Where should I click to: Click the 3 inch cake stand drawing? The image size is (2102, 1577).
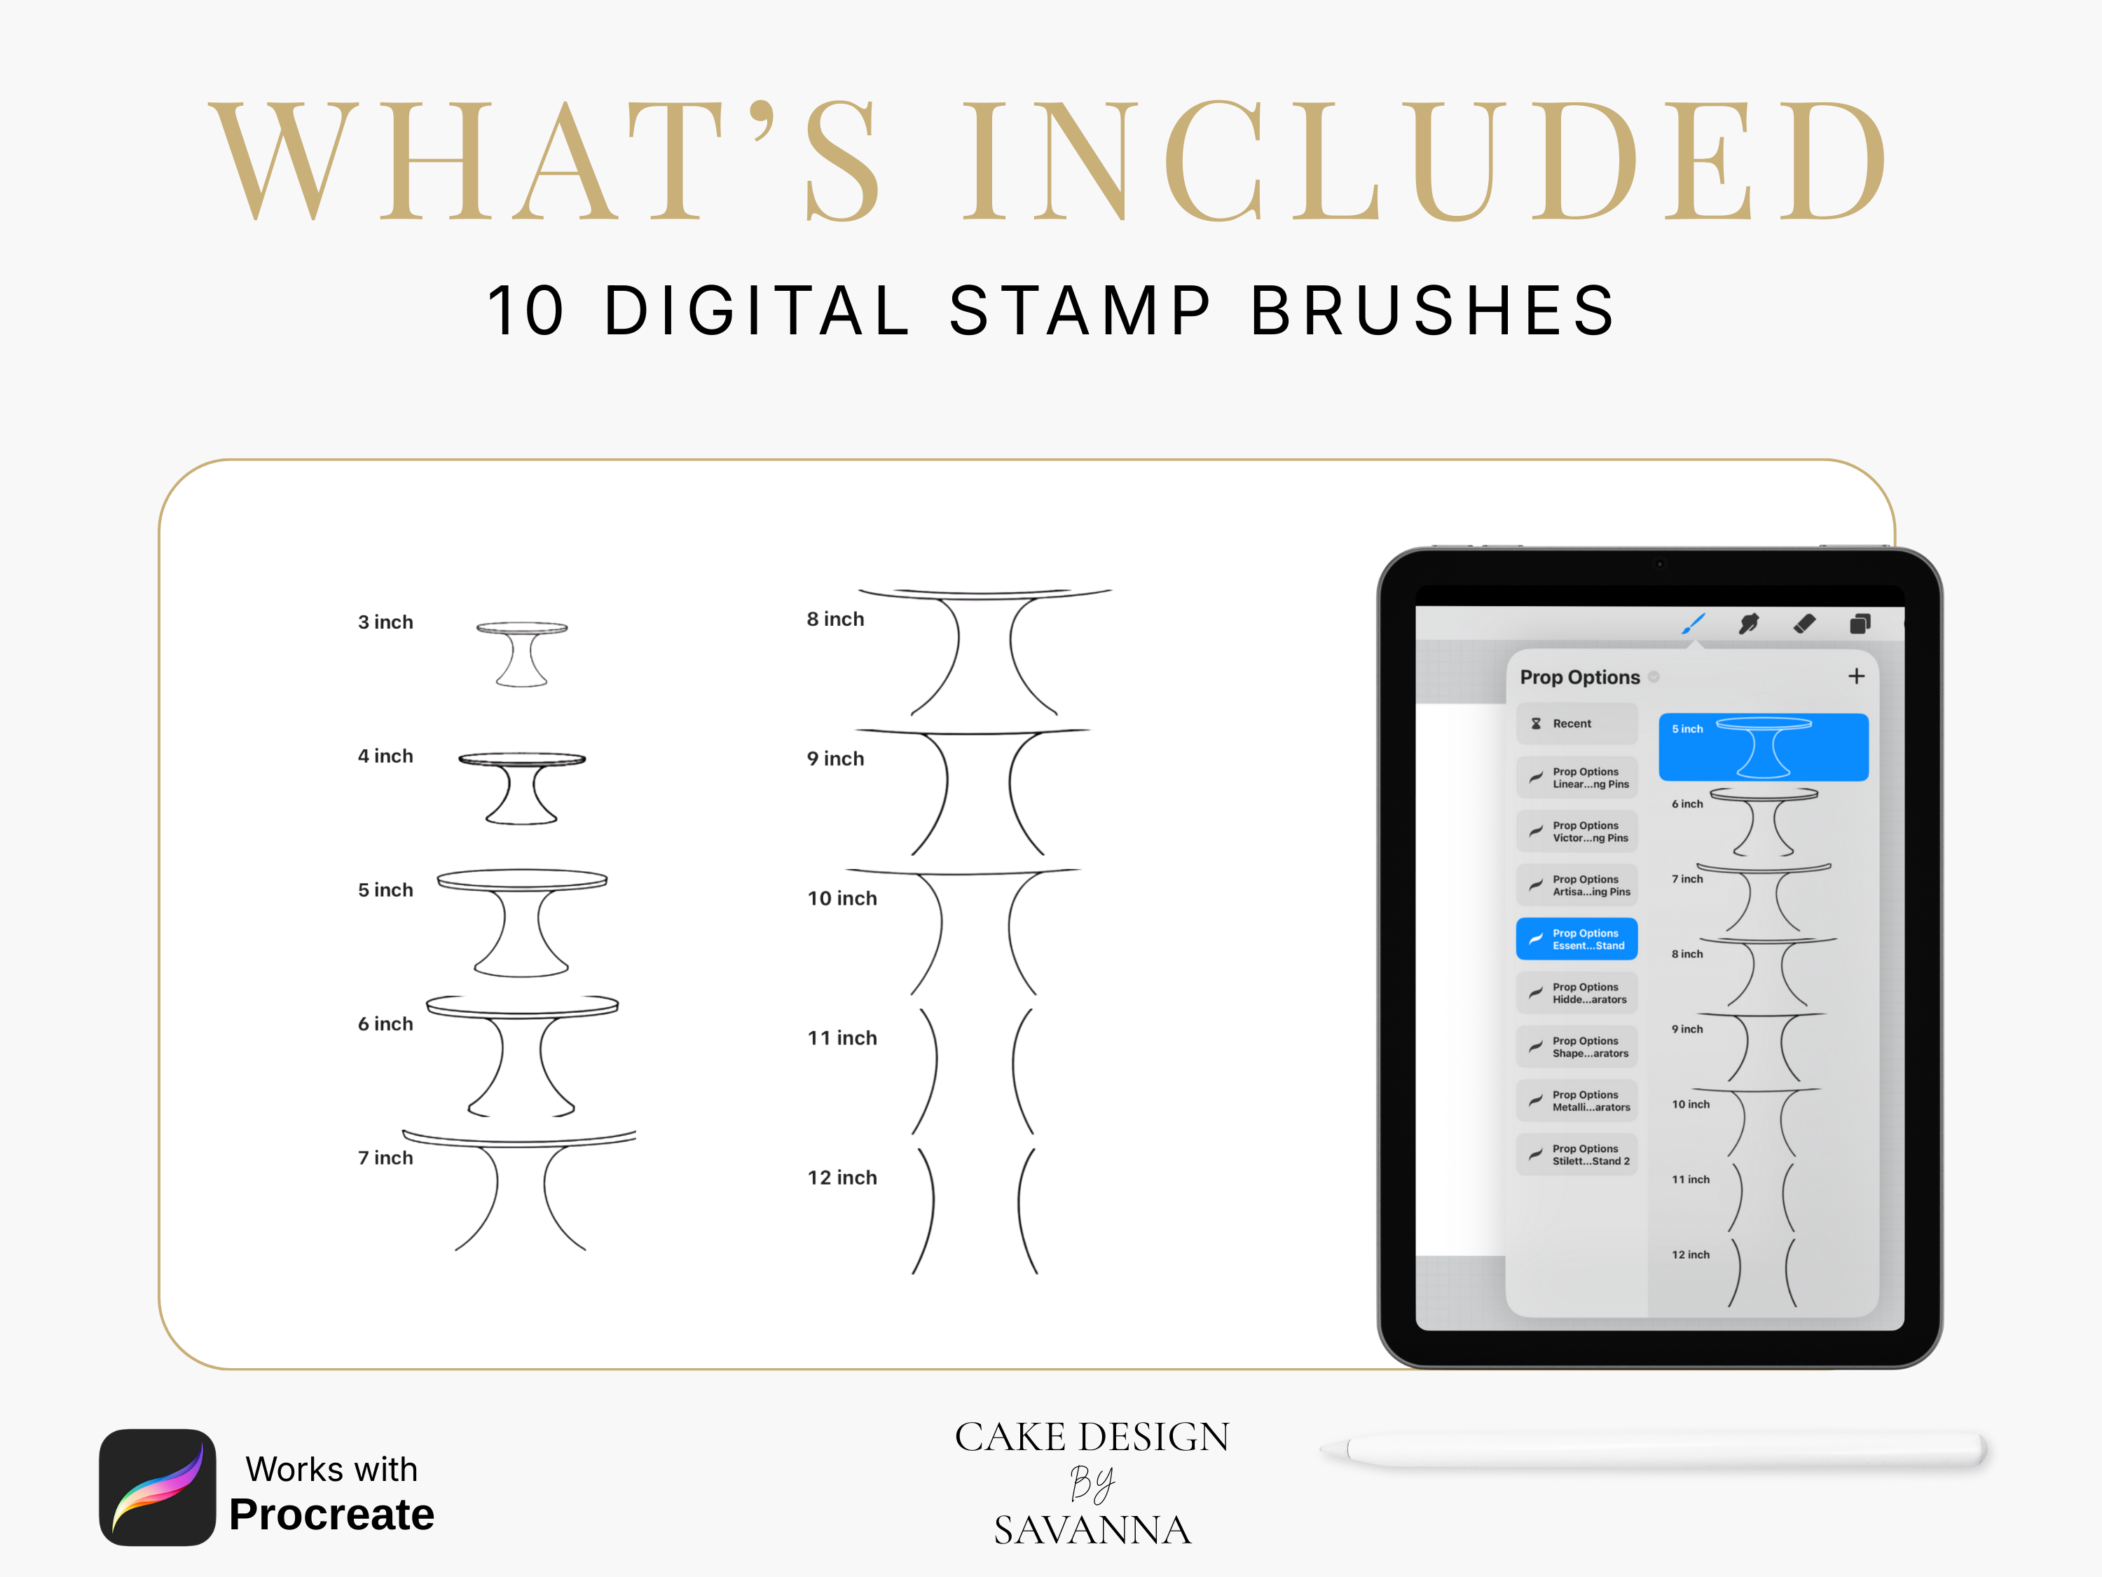point(522,654)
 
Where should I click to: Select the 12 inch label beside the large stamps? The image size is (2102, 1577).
point(842,1177)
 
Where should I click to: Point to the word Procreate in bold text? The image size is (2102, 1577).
point(331,1514)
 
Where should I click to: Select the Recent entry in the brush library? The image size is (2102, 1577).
point(1576,723)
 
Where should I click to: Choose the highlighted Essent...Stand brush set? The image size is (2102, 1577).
point(1576,939)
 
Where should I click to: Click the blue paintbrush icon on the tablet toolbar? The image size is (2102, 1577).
point(1694,624)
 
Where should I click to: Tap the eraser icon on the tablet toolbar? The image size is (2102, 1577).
point(1804,624)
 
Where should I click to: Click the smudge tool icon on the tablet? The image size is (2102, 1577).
point(1748,624)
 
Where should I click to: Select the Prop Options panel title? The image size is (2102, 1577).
point(1579,677)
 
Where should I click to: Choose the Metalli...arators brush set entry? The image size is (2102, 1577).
point(1576,1101)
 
